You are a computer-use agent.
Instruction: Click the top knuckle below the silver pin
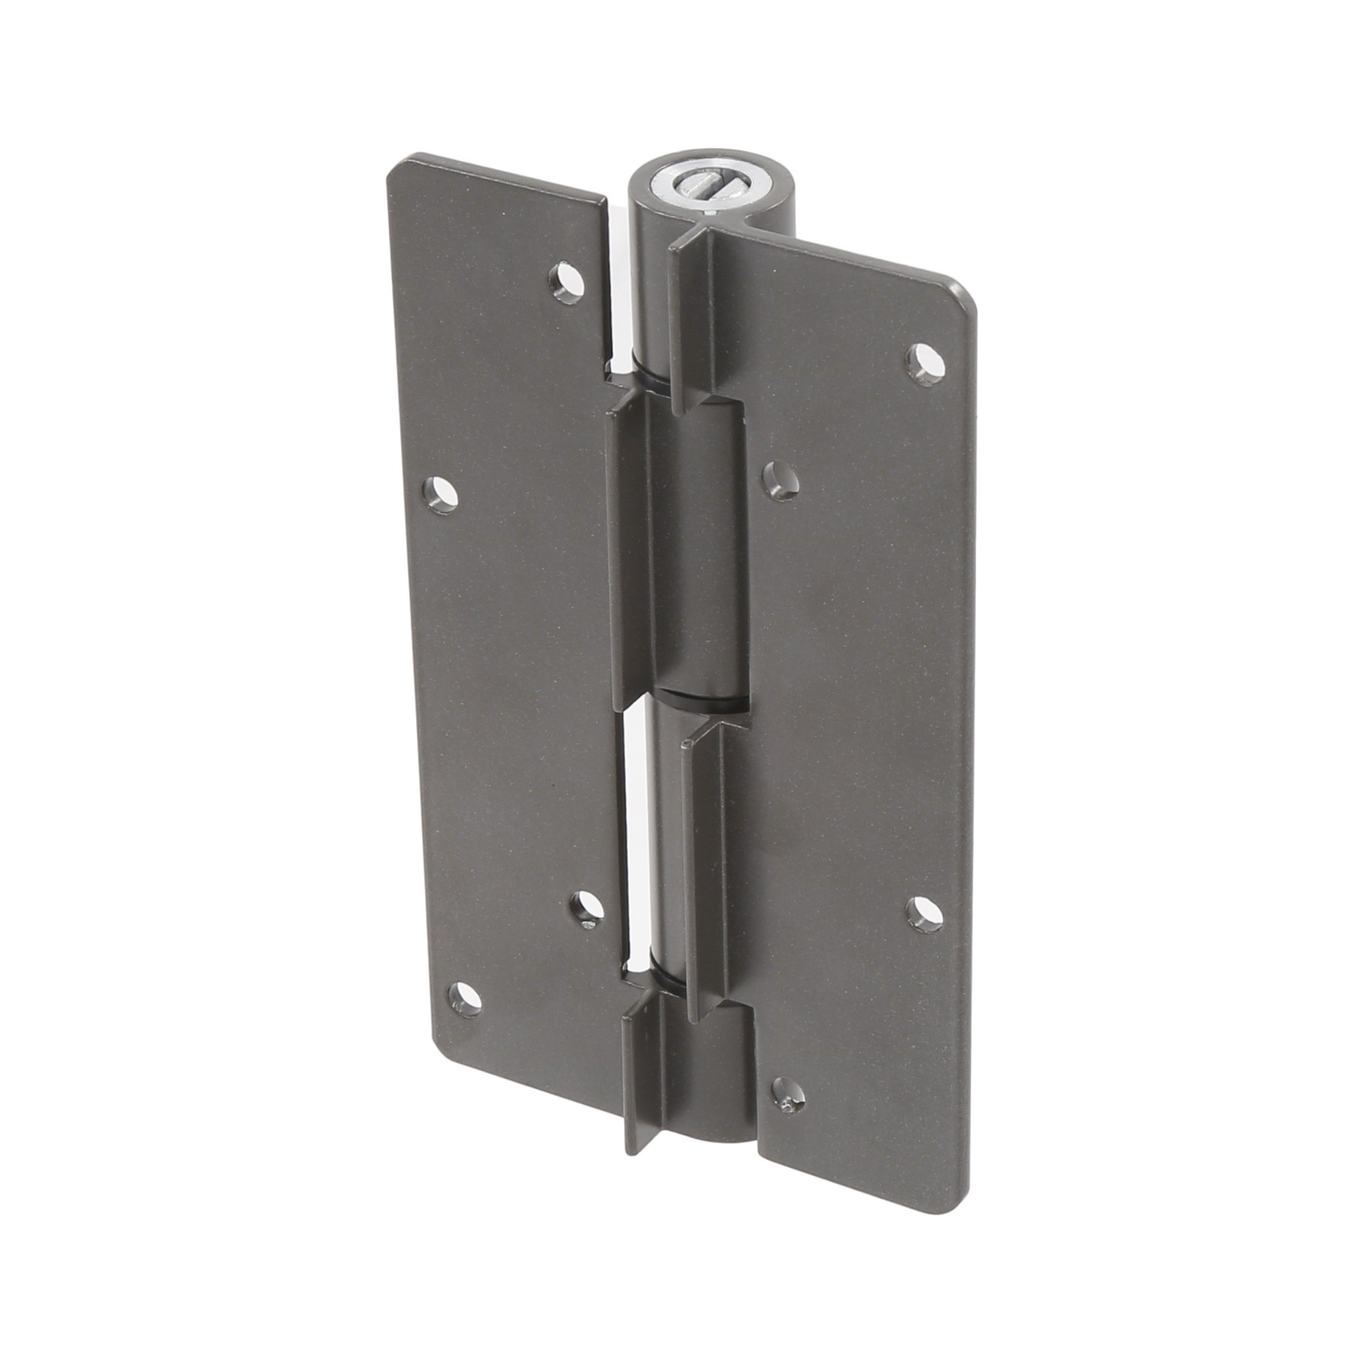pyautogui.click(x=653, y=297)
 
